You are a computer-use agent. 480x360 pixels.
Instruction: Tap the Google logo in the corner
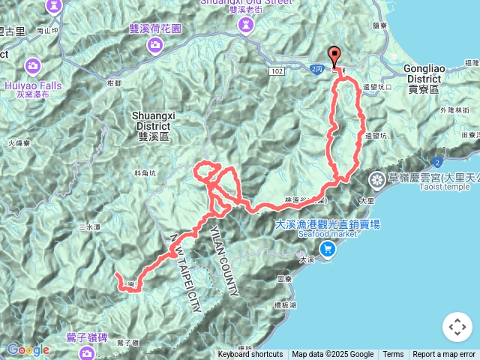28,349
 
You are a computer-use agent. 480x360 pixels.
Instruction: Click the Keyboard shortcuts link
250,355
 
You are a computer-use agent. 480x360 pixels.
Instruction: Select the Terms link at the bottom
393,355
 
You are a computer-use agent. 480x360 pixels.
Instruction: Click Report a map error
444,355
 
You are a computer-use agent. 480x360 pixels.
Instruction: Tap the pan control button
457,327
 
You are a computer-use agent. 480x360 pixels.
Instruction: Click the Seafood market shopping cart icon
327,248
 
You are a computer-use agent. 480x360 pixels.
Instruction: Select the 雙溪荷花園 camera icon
154,45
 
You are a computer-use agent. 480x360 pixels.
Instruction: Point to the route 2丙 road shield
316,68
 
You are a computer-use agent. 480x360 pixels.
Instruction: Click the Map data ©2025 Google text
332,355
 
